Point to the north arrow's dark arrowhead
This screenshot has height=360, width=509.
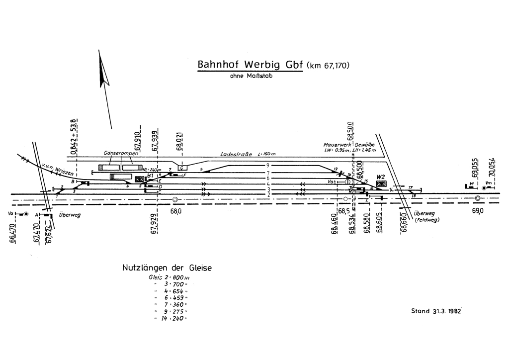pos(104,72)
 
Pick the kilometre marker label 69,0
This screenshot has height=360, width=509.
pos(478,211)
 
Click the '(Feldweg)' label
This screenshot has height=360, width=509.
pos(426,220)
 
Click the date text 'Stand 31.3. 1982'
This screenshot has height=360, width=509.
pos(436,311)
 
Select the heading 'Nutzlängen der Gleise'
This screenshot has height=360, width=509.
pos(167,268)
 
